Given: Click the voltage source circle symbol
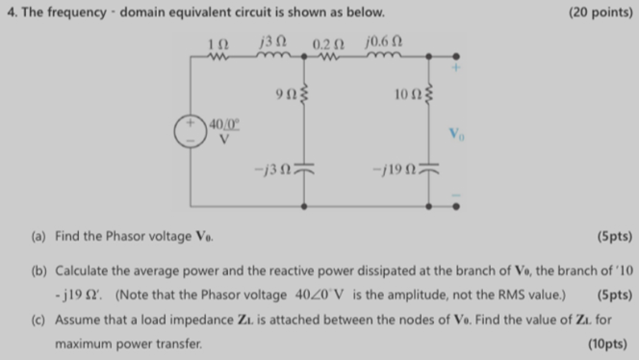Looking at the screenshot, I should [190, 133].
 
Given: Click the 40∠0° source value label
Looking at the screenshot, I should [224, 127].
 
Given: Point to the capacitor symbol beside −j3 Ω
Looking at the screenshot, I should [306, 173].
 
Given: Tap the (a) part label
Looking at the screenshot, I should [38, 234].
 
